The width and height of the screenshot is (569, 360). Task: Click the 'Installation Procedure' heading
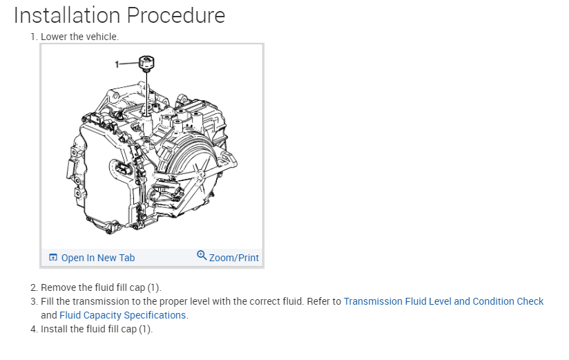[x=119, y=15]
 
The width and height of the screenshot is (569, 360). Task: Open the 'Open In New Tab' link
[x=97, y=258]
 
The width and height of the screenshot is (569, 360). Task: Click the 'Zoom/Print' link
[x=233, y=258]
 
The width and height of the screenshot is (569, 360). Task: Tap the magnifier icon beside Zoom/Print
[x=202, y=255]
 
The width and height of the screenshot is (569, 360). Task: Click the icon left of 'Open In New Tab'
[x=53, y=258]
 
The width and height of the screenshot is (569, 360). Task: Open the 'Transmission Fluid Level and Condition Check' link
[x=443, y=301]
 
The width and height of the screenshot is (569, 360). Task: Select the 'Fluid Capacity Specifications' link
[x=123, y=315]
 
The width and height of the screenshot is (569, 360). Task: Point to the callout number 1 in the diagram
[x=117, y=64]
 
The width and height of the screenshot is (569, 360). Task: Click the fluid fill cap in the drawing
[x=146, y=64]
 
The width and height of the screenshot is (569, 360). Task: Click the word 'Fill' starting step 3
[x=48, y=301]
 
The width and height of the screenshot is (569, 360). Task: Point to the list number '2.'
[x=34, y=287]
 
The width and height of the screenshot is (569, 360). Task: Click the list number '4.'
[x=34, y=329]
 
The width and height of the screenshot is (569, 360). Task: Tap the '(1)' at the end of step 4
[x=144, y=329]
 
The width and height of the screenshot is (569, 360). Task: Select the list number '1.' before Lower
[x=34, y=37]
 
